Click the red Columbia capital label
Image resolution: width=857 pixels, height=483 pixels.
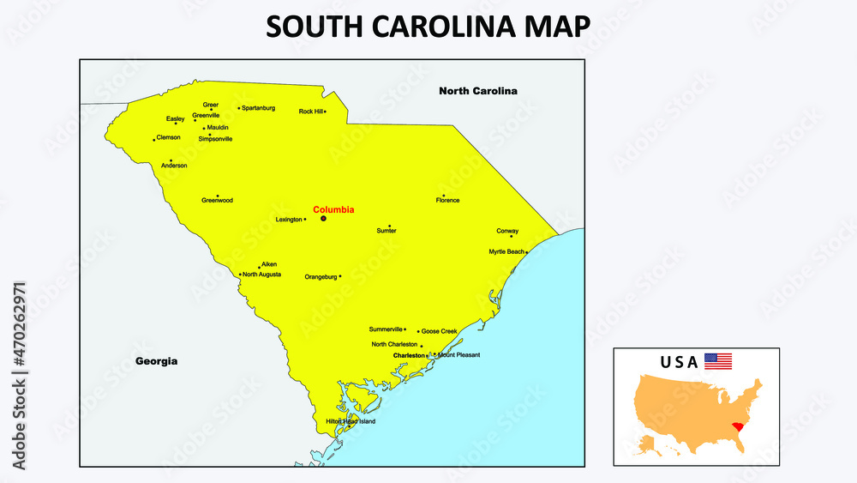coord(333,209)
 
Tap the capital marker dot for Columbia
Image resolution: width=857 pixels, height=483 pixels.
coord(323,219)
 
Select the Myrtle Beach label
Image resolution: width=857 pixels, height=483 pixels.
coord(506,252)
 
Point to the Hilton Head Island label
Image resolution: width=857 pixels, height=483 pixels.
coord(350,421)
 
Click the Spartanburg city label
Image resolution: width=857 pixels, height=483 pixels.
coord(259,108)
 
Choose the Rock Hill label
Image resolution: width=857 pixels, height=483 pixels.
coord(310,112)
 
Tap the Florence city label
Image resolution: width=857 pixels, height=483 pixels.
coord(447,201)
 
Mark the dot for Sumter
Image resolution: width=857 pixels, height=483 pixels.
coord(389,226)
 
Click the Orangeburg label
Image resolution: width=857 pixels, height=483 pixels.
coord(321,277)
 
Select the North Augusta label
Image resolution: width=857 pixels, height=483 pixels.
coord(261,275)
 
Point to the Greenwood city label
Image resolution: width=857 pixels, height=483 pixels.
coord(217,201)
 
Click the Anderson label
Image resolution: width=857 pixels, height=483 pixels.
coord(174,166)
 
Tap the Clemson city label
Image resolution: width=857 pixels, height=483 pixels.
coord(169,137)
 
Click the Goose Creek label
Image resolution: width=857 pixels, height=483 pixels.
coord(440,331)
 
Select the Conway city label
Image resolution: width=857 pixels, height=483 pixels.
coord(507,231)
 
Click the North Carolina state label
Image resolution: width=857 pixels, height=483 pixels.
coord(477,91)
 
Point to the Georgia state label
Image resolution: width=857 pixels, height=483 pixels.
coord(157,361)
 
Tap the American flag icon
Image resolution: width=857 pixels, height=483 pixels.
coord(718,361)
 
